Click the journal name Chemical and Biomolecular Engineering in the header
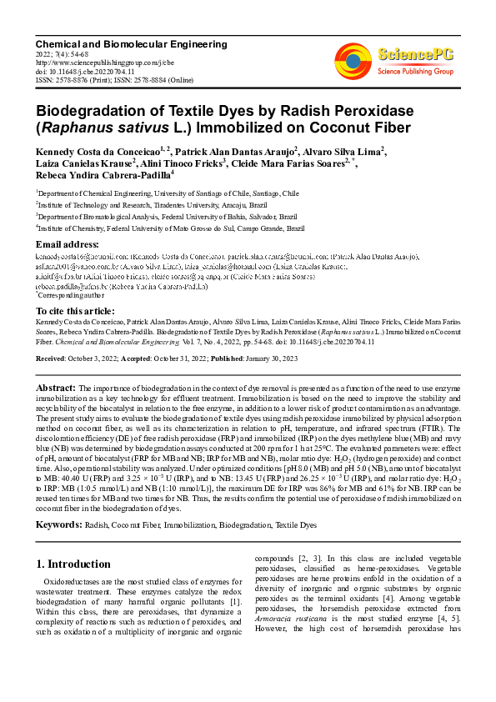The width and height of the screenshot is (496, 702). tap(131, 43)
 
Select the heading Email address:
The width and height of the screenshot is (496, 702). tap(68, 244)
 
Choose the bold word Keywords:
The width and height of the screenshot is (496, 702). tap(59, 525)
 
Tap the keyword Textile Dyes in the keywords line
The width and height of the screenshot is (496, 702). tap(297, 525)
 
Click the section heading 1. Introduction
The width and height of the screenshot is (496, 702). tap(74, 564)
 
